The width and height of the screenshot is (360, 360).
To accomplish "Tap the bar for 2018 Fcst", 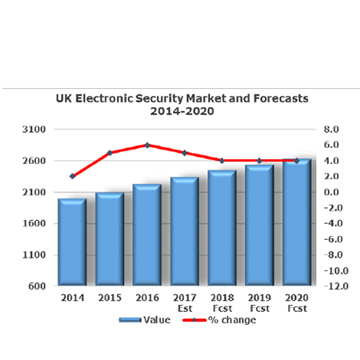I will [222, 228].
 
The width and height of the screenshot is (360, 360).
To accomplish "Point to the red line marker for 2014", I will [72, 176].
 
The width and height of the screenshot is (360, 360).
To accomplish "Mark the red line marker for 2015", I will [110, 153].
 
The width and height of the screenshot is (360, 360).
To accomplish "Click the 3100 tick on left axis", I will [35, 129].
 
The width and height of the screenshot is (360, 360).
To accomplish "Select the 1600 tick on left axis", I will [35, 223].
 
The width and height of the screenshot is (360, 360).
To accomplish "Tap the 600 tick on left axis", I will [38, 286].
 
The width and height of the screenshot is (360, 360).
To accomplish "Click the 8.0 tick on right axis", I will [331, 129].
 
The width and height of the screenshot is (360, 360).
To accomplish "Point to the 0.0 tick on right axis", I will [331, 192].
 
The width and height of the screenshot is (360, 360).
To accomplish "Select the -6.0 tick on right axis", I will [330, 239].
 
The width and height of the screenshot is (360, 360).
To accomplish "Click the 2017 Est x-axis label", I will [185, 302].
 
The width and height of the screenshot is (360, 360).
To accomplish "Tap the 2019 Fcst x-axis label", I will [259, 302].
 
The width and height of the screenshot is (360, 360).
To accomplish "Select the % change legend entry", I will [232, 320].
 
